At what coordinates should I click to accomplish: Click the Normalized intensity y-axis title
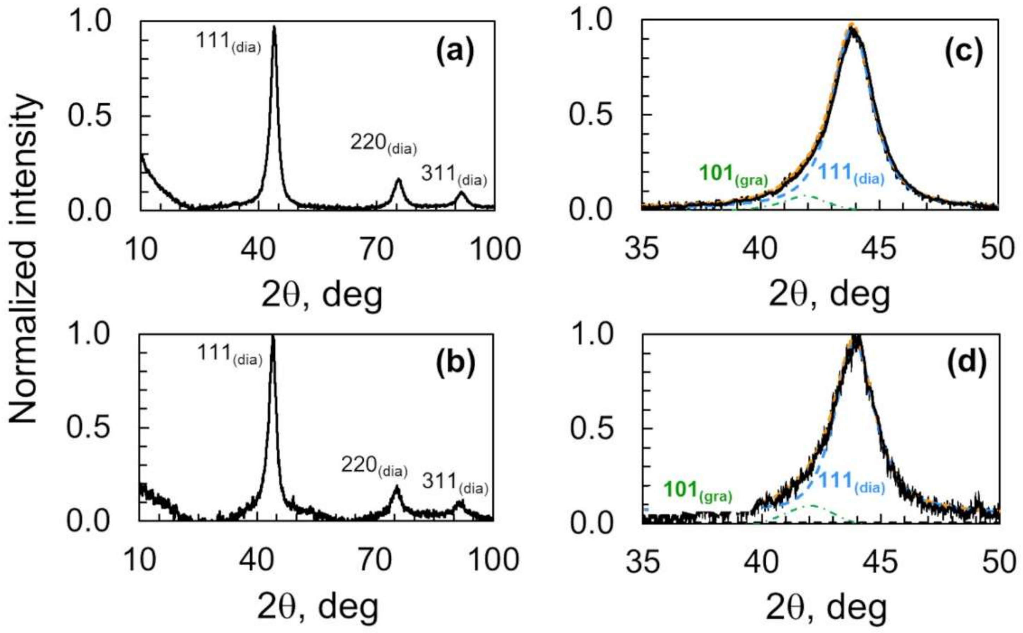(x=25, y=260)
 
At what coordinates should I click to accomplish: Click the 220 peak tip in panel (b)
(x=396, y=487)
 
